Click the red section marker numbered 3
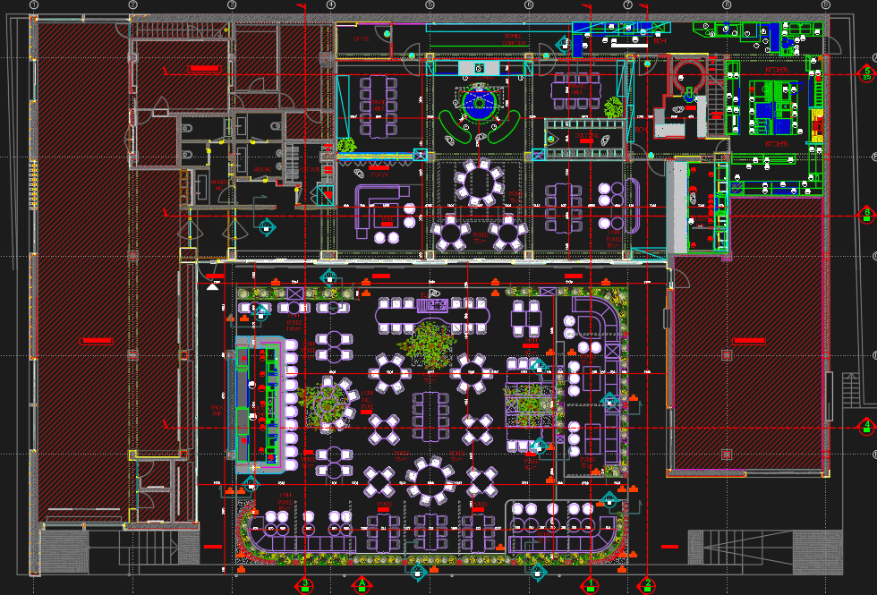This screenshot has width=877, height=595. click(305, 585)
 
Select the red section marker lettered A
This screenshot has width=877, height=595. click(362, 585)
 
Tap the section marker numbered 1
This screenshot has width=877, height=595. click(591, 585)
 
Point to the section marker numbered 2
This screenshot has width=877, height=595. click(648, 585)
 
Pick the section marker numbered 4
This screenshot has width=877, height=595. click(865, 427)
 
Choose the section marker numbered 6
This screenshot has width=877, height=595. click(865, 213)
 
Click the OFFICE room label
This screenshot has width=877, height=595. click(362, 39)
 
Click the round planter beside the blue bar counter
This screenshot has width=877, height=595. click(328, 402)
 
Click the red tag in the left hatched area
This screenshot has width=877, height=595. click(96, 341)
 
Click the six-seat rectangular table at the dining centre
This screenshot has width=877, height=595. click(430, 415)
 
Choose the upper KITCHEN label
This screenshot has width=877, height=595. click(775, 69)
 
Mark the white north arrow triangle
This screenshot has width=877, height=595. click(212, 286)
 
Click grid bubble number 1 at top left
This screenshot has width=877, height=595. click(34, 5)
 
